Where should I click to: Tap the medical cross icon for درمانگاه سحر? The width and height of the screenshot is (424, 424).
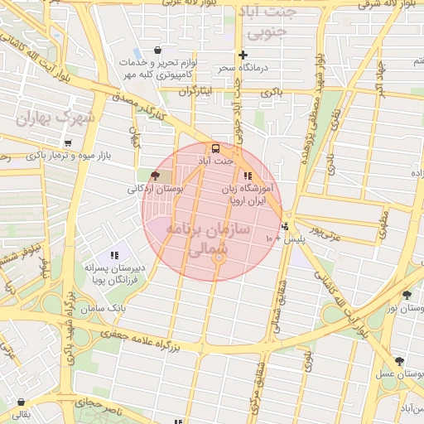[243, 55]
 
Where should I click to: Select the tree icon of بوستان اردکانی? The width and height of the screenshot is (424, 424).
[155, 175]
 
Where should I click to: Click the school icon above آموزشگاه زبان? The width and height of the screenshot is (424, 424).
[247, 176]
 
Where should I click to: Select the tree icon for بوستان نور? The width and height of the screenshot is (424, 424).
[406, 295]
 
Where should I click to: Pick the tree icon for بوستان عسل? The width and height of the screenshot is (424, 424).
[400, 361]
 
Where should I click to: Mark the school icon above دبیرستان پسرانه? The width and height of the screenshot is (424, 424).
[114, 254]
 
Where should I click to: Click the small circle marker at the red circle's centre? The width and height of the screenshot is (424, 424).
[219, 258]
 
